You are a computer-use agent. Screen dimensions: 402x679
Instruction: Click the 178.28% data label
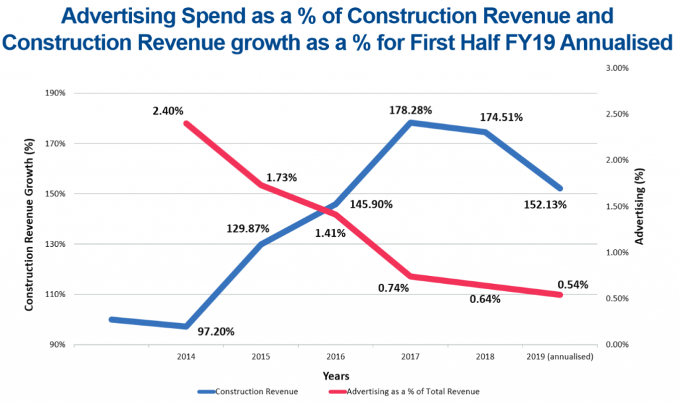(x=410, y=109)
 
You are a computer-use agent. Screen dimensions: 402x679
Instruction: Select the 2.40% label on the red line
(x=168, y=110)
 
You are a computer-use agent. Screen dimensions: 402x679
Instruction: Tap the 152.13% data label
(x=545, y=204)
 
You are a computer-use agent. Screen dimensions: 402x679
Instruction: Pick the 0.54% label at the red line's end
(x=573, y=285)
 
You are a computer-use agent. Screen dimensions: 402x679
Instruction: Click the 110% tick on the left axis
(x=56, y=294)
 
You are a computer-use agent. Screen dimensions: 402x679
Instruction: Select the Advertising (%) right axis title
(x=639, y=206)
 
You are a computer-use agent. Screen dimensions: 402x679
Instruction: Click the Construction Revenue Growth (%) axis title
(x=29, y=219)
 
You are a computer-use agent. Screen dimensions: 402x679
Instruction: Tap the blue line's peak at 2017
(x=410, y=123)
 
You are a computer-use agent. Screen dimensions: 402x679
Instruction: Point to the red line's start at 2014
(x=186, y=123)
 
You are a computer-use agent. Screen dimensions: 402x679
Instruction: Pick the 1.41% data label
(x=329, y=233)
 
